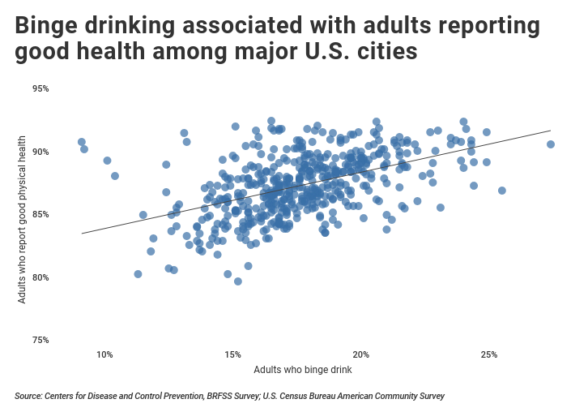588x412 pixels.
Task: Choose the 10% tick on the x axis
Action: [x=104, y=355]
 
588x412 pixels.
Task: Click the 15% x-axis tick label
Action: [x=232, y=355]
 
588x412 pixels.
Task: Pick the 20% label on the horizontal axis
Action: [x=361, y=355]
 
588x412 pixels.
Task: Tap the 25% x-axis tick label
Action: [x=489, y=355]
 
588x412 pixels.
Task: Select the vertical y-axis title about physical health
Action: [x=23, y=219]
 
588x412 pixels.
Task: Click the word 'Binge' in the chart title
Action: [x=45, y=26]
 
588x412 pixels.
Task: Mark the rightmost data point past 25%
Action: [x=551, y=144]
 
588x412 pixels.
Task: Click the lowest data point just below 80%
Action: [x=238, y=281]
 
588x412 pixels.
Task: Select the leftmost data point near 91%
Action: [x=82, y=142]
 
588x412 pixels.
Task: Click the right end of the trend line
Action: [x=551, y=130]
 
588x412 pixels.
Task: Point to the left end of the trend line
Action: [x=80, y=234]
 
